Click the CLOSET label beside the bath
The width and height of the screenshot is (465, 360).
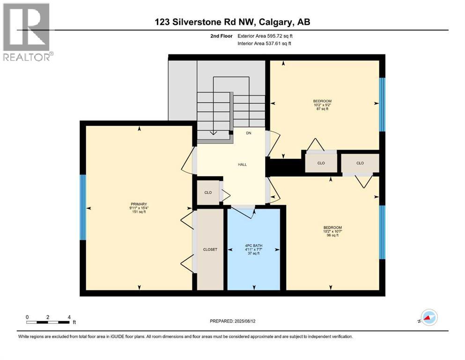(210, 249)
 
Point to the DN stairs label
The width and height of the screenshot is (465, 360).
(249, 133)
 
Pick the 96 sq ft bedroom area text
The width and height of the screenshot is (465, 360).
(332, 236)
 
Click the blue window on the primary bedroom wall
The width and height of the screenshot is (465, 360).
(83, 207)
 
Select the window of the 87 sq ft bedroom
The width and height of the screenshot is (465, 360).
(382, 105)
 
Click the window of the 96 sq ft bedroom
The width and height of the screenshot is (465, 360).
(382, 232)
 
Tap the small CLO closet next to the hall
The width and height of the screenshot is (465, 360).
(208, 192)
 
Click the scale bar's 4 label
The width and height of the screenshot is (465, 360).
(69, 317)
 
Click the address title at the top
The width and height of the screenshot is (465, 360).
(232, 22)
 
